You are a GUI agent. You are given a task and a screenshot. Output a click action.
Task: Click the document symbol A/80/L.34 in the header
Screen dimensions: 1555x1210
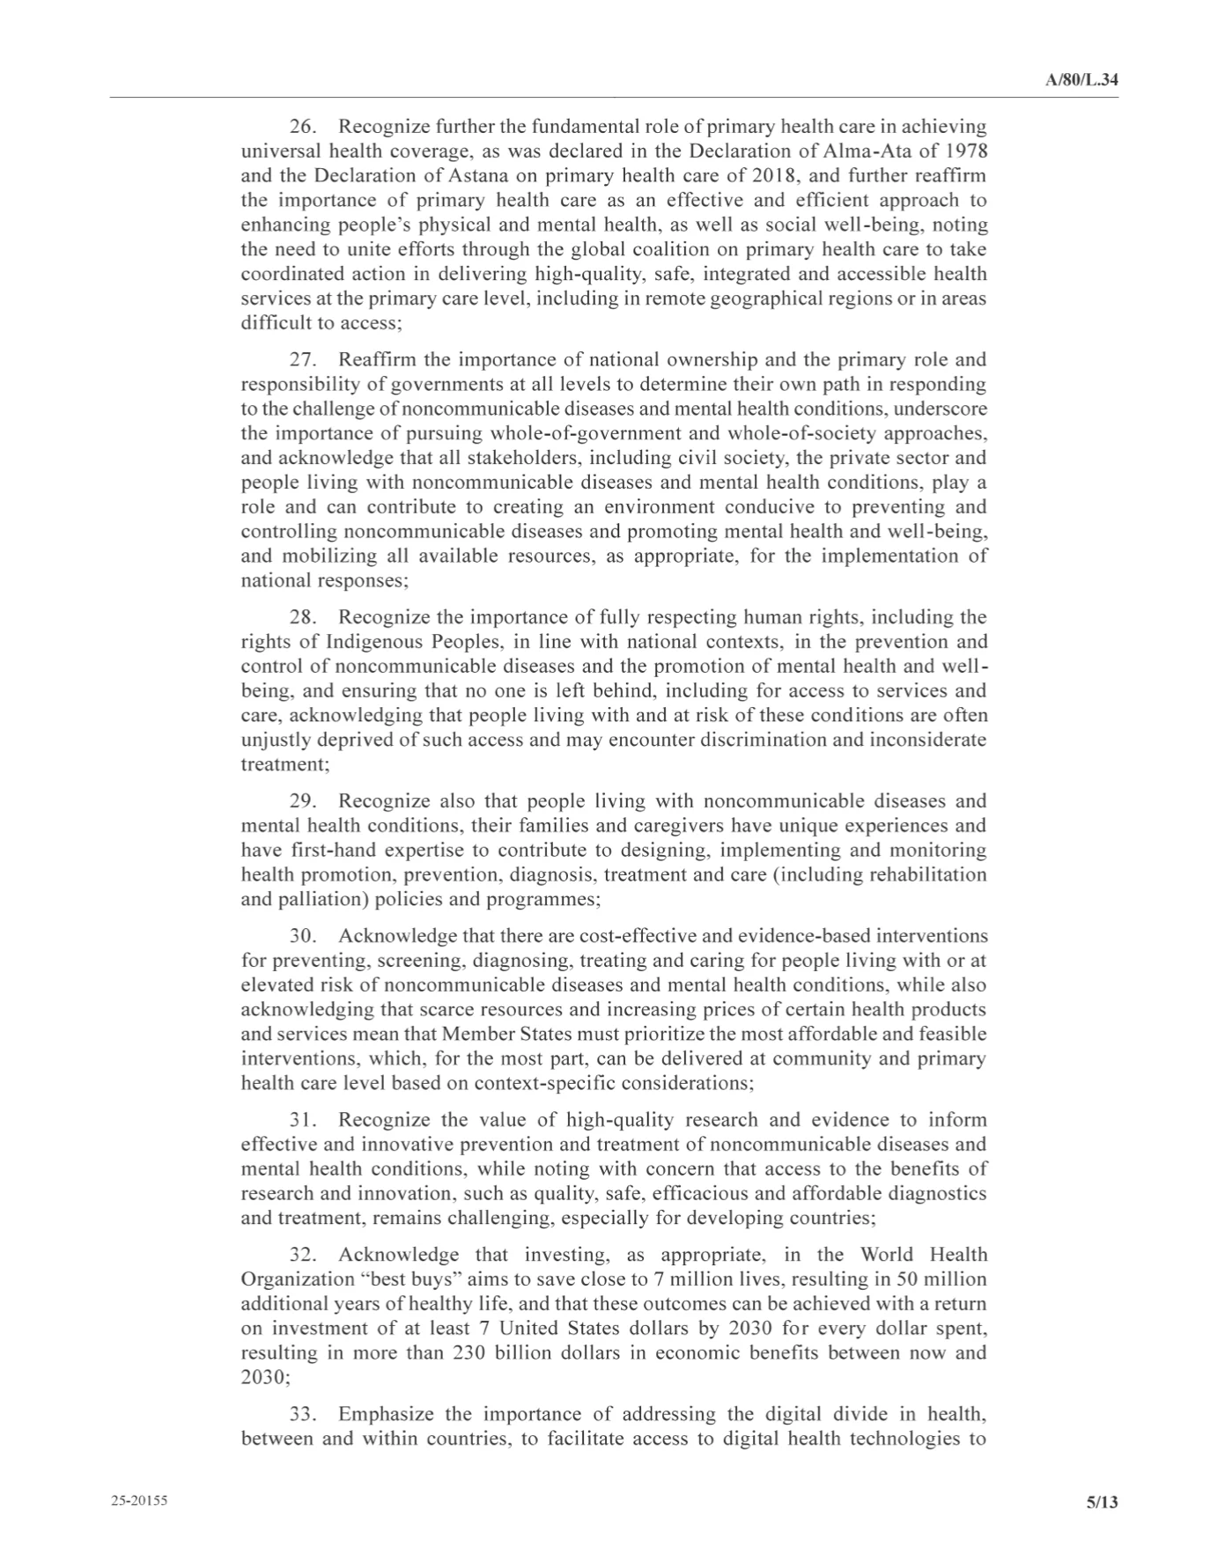[1081, 80]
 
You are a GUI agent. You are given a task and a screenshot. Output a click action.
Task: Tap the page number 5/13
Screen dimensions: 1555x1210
[1102, 1502]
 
